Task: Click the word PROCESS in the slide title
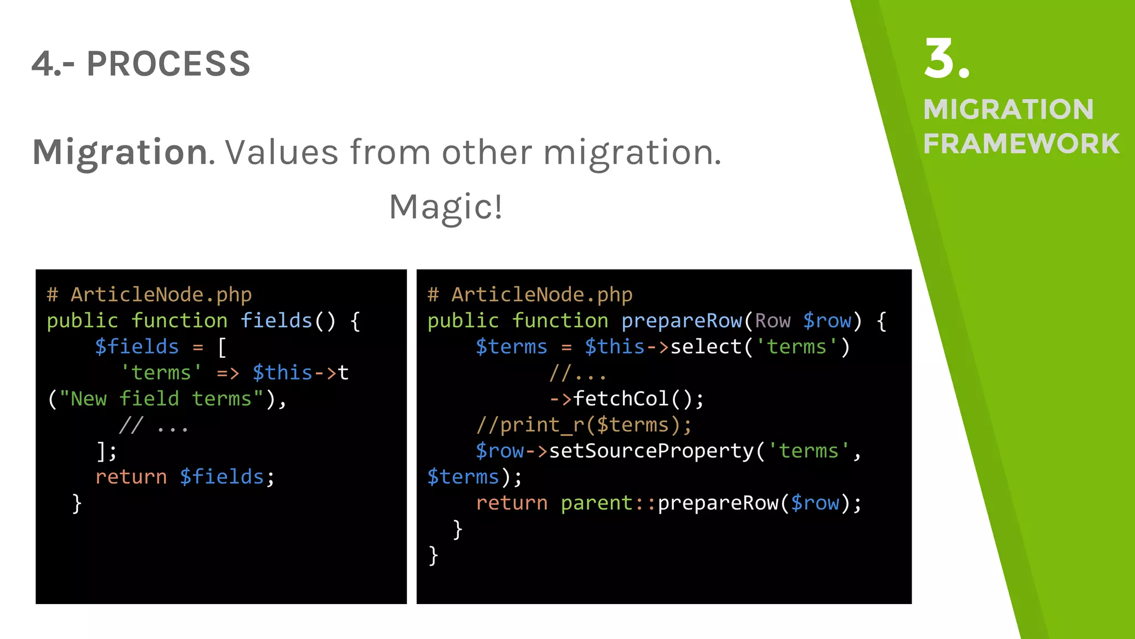pyautogui.click(x=168, y=64)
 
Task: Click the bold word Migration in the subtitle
pyautogui.click(x=120, y=152)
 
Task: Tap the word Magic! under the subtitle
pyautogui.click(x=446, y=207)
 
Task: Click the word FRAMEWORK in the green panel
pyautogui.click(x=1021, y=144)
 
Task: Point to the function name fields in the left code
pyautogui.click(x=276, y=321)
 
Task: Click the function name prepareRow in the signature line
pyautogui.click(x=681, y=321)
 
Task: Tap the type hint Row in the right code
pyautogui.click(x=773, y=321)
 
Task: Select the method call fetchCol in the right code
pyautogui.click(x=621, y=399)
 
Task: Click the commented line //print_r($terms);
pyautogui.click(x=584, y=425)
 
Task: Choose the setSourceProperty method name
pyautogui.click(x=651, y=451)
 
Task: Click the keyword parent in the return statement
pyautogui.click(x=596, y=503)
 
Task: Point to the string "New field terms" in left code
pyautogui.click(x=161, y=399)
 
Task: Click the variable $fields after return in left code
pyautogui.click(x=222, y=477)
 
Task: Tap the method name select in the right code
pyautogui.click(x=706, y=347)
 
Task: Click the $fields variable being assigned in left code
pyautogui.click(x=137, y=347)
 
